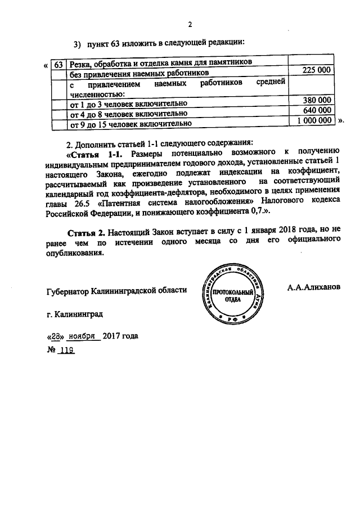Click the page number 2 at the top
tap(190, 24)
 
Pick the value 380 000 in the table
tap(317, 100)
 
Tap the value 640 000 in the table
tap(317, 110)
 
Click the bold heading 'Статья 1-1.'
tap(96, 153)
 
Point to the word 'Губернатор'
tap(68, 291)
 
